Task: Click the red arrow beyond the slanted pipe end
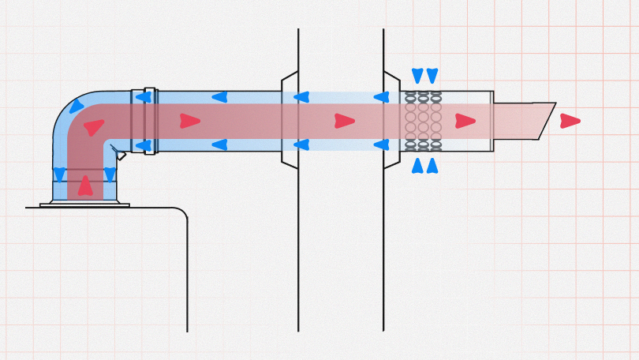click(x=570, y=121)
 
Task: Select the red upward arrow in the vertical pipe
click(x=85, y=186)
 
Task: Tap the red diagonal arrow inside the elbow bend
click(x=94, y=127)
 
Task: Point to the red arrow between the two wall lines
click(x=344, y=121)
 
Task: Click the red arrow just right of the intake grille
click(x=465, y=121)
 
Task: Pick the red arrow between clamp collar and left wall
click(x=189, y=121)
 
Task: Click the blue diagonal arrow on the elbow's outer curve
click(x=76, y=107)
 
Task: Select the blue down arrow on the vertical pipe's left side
click(x=59, y=174)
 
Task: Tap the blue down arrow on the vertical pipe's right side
click(x=110, y=174)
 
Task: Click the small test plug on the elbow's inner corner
click(x=119, y=154)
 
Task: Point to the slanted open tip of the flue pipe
click(x=544, y=121)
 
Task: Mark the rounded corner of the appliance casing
click(x=181, y=213)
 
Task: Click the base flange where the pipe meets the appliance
click(x=84, y=204)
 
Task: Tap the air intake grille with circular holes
click(x=423, y=121)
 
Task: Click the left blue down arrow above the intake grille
click(x=417, y=76)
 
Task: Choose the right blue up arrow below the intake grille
click(x=432, y=166)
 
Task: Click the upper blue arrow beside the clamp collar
click(x=143, y=97)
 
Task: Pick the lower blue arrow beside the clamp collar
click(x=143, y=145)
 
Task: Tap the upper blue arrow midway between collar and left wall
click(x=219, y=97)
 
